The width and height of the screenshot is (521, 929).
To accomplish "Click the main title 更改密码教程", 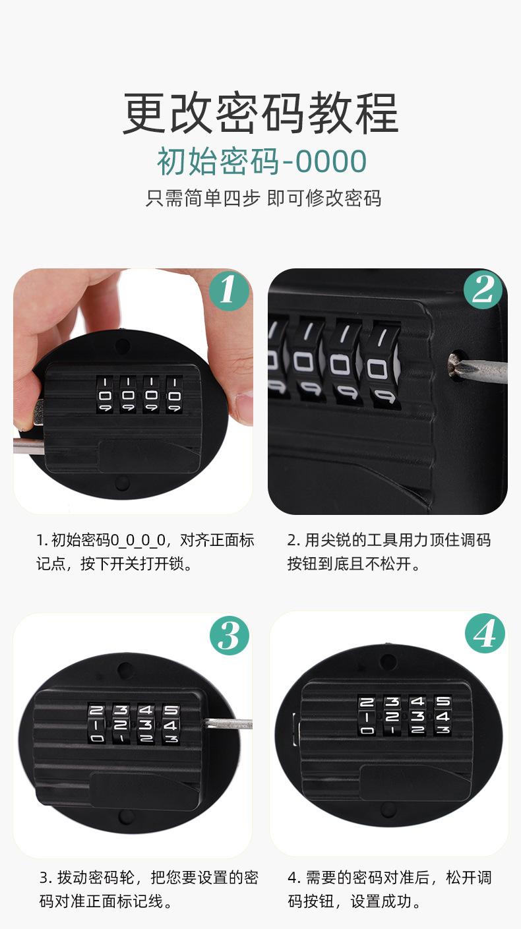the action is [260, 113].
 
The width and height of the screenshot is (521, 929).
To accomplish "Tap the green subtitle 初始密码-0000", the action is [262, 161].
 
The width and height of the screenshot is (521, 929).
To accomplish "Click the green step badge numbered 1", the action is [228, 289].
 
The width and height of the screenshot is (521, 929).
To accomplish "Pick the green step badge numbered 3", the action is [230, 636].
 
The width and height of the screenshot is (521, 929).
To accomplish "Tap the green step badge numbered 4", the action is [485, 634].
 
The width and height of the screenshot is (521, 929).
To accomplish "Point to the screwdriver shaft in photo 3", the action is [228, 724].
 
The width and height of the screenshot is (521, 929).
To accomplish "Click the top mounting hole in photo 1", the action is [123, 345].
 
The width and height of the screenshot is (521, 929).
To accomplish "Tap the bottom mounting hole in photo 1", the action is [123, 483].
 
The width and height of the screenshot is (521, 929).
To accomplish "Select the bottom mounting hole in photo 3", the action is [126, 816].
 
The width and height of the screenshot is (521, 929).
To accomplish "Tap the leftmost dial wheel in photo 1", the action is [105, 395].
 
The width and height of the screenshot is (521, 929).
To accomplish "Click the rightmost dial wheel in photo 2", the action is [383, 366].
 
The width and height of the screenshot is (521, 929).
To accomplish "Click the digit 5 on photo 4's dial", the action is [443, 702].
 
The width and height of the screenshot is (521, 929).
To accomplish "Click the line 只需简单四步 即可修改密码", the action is [263, 198].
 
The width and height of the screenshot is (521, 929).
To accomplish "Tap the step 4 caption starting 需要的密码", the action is [390, 889].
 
